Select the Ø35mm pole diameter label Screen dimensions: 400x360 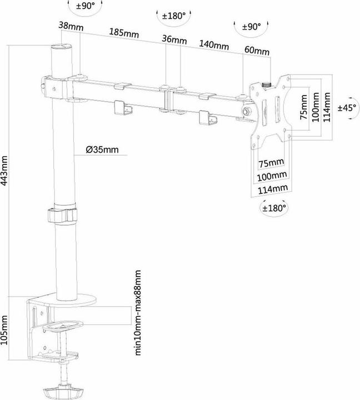tap(102, 149)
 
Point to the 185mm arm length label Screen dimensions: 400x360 tap(124, 33)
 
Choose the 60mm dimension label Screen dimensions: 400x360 tap(257, 52)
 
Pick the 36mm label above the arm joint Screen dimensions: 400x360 tap(174, 39)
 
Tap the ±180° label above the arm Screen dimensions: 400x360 tap(173, 16)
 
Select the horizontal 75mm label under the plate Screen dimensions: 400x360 tap(272, 162)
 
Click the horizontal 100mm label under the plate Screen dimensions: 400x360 tap(272, 176)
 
